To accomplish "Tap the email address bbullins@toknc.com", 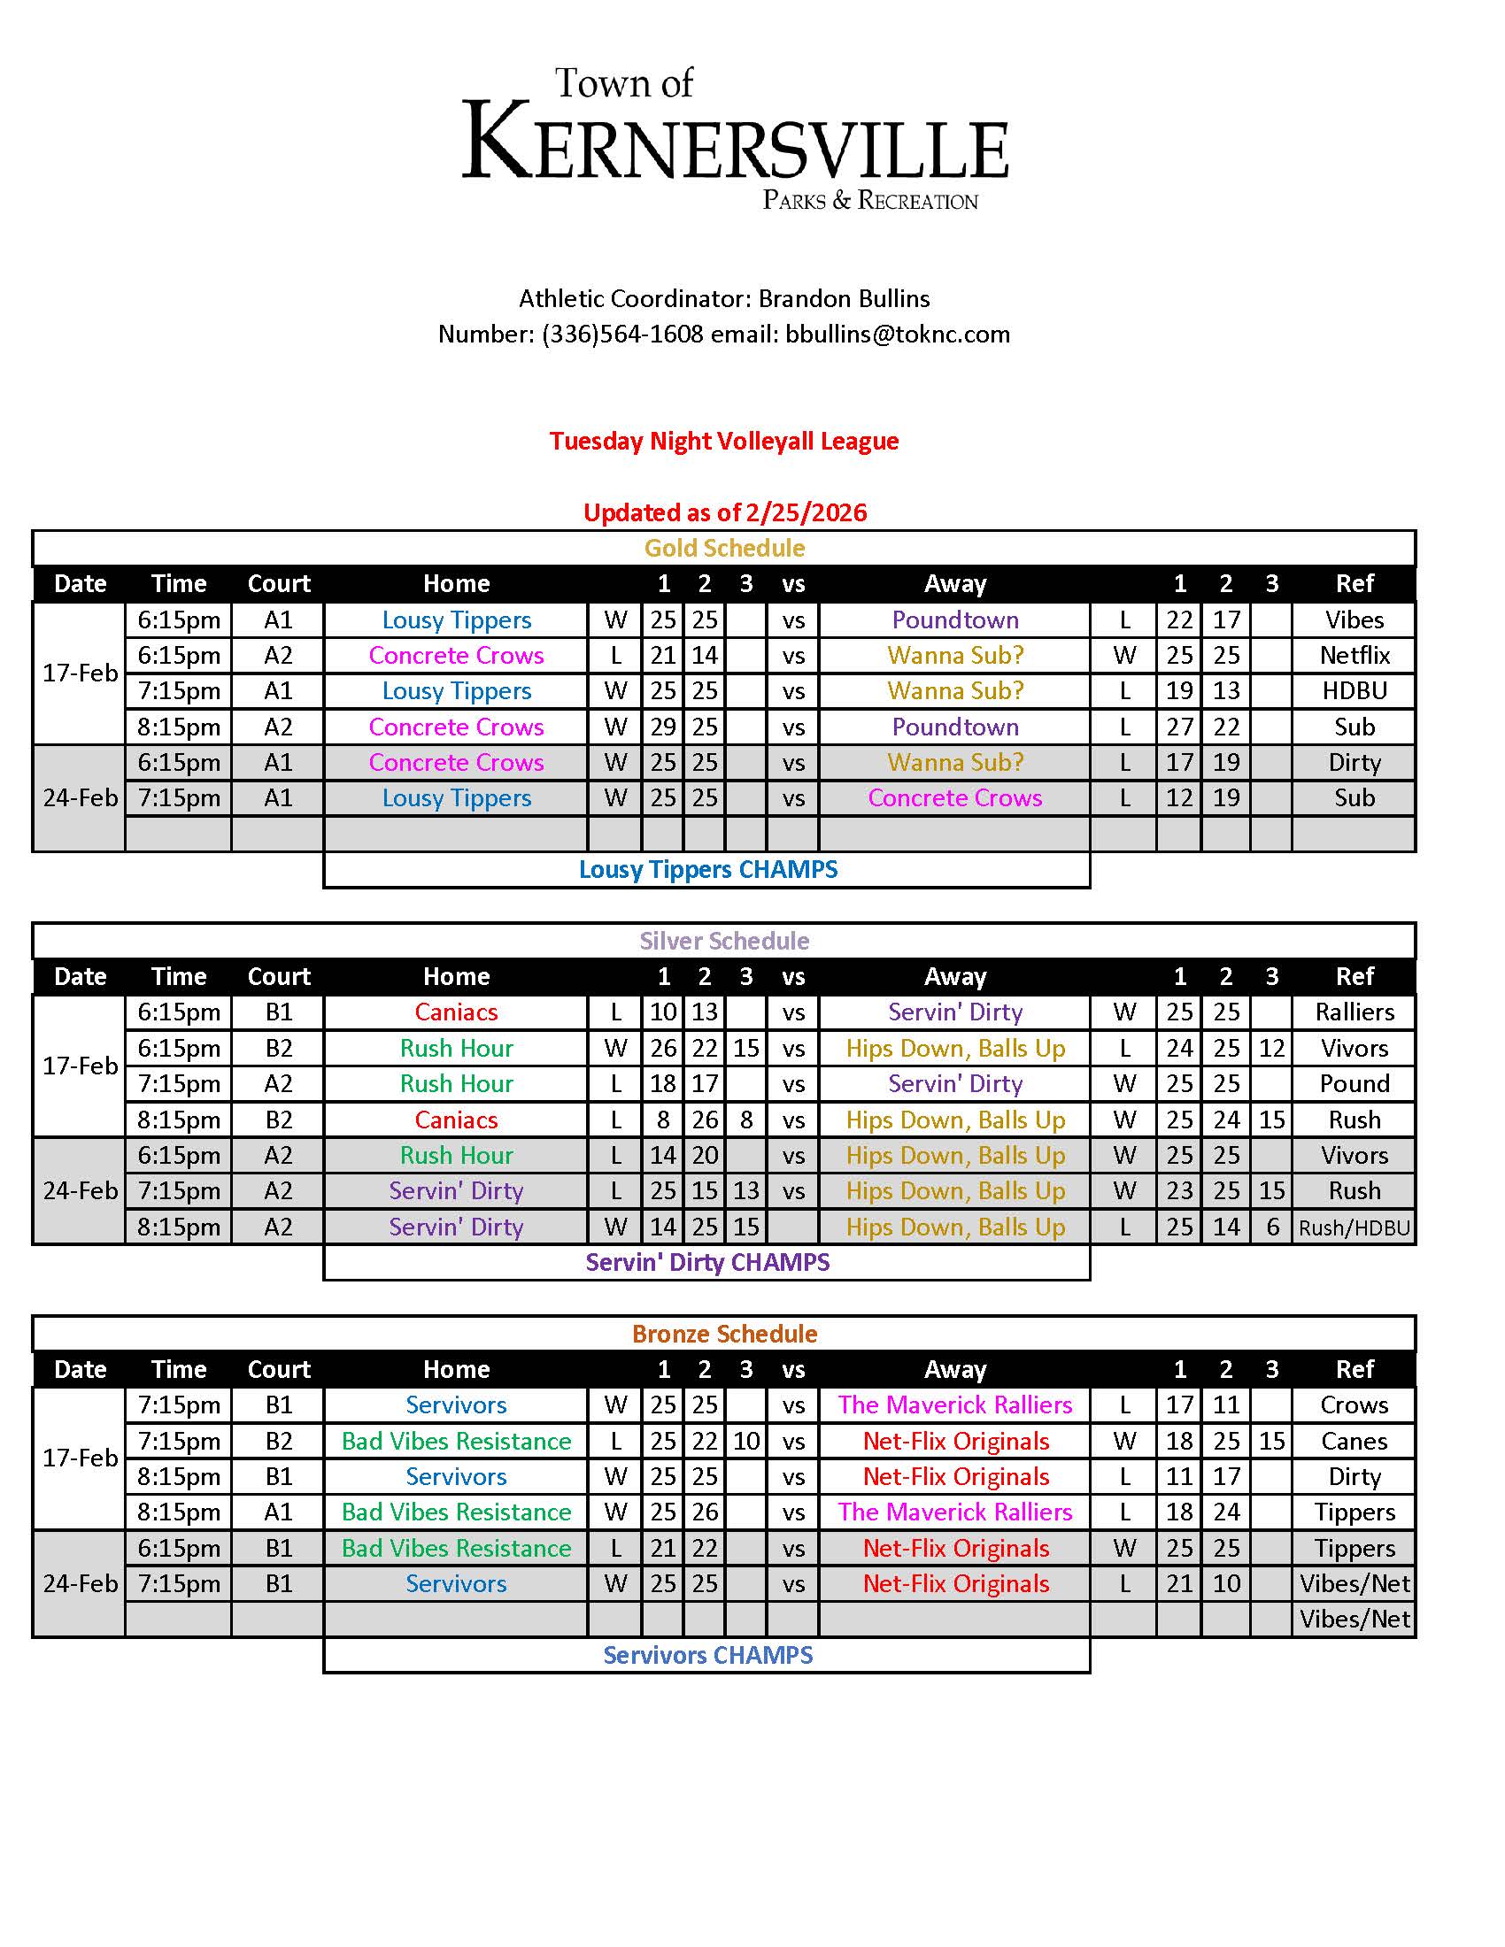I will click(x=897, y=335).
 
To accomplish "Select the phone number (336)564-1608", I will click(x=621, y=335).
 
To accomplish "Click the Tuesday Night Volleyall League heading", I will click(x=723, y=441).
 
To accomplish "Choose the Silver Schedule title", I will click(x=724, y=941).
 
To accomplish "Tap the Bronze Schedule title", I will click(x=724, y=1334).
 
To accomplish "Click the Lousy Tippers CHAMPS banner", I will click(x=708, y=869).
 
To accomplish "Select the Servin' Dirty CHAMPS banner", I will click(x=708, y=1262).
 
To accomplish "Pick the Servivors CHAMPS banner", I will click(x=708, y=1656).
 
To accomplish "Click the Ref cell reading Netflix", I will click(x=1354, y=655).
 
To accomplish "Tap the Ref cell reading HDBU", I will click(x=1354, y=691).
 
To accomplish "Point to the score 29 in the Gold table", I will click(x=662, y=727).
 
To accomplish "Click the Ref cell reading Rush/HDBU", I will click(x=1354, y=1227).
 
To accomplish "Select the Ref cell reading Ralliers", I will click(x=1354, y=1012).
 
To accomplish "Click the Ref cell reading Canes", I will click(x=1354, y=1442).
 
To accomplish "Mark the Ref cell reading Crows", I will click(x=1354, y=1405).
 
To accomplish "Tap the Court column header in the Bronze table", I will click(x=278, y=1369).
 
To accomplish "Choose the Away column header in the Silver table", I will click(x=955, y=976).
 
